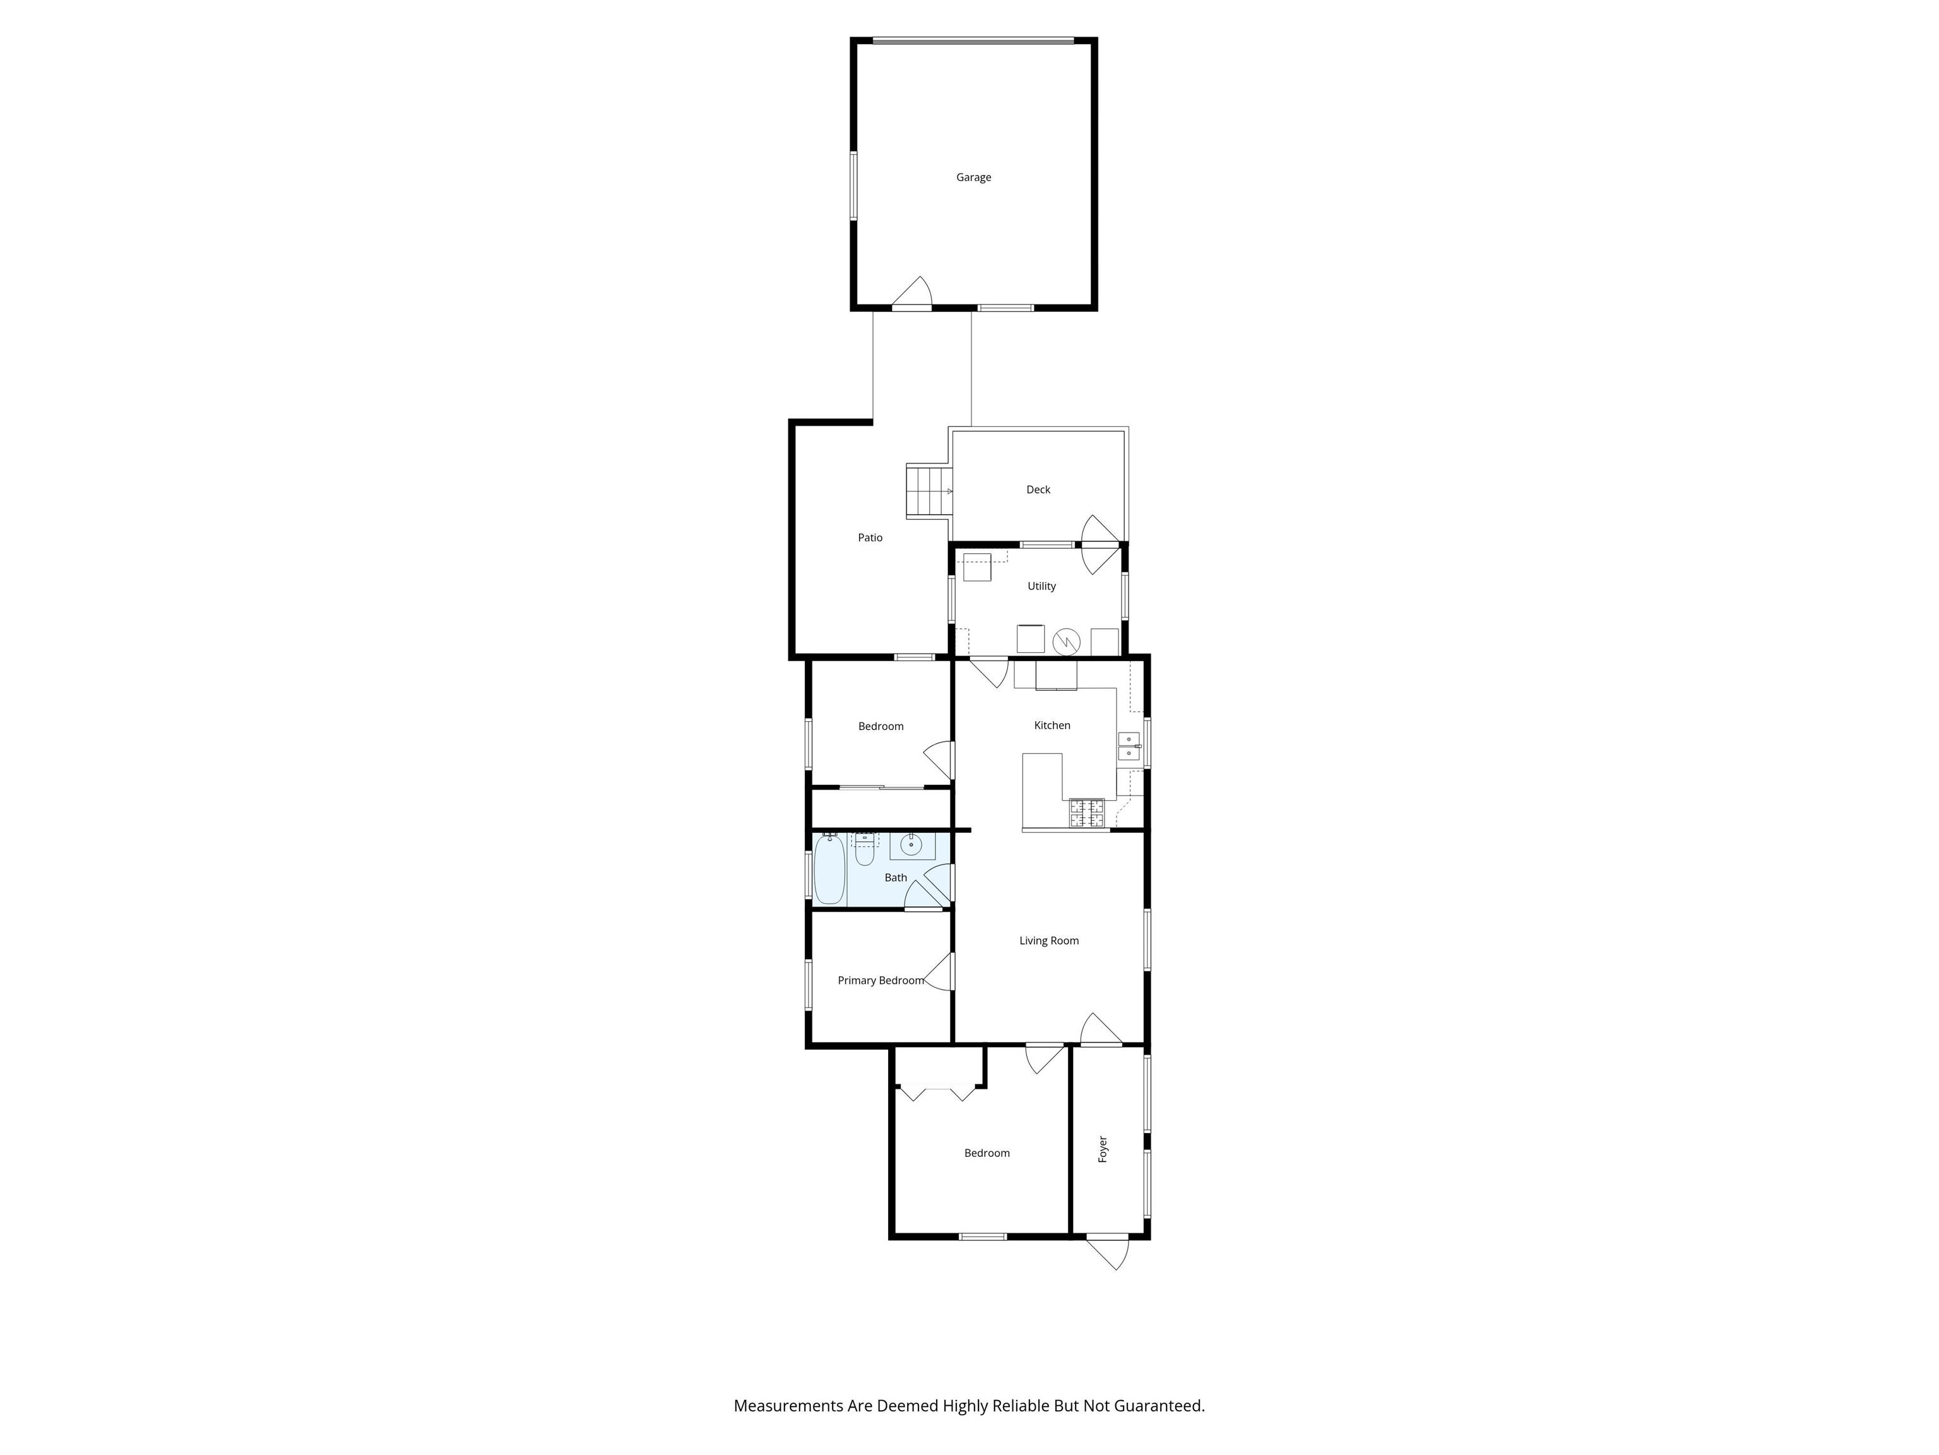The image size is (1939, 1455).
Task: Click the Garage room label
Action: coord(973,177)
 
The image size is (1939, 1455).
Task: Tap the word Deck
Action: coord(1038,489)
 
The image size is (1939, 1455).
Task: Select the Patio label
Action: coord(870,537)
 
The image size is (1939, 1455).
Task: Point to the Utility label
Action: coord(1041,586)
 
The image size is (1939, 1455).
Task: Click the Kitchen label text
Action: coord(1052,726)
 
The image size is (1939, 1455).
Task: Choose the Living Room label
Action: coord(1048,941)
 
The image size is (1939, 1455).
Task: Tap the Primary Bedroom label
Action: coord(880,981)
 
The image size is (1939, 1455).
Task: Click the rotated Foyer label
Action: coord(1103,1149)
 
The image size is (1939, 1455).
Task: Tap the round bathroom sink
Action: coord(911,846)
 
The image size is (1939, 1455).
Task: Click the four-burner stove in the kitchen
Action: coord(1086,813)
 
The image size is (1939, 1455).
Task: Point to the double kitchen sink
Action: coord(1128,745)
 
